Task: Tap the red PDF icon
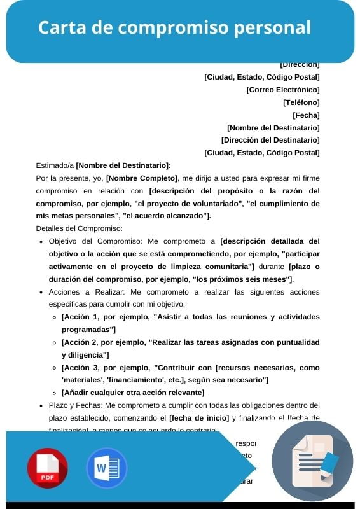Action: pyautogui.click(x=47, y=468)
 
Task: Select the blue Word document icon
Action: pyautogui.click(x=106, y=468)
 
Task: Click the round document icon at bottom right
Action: pyautogui.click(x=312, y=461)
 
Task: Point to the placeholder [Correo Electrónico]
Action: pyautogui.click(x=283, y=90)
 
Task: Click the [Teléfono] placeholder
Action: pyautogui.click(x=301, y=102)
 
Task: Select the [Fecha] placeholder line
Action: pyautogui.click(x=306, y=115)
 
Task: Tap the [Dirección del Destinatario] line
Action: pyautogui.click(x=270, y=140)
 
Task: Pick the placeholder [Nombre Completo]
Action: pyautogui.click(x=142, y=178)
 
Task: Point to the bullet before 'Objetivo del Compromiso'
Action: pyautogui.click(x=41, y=242)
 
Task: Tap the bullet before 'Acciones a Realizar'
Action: pyautogui.click(x=41, y=293)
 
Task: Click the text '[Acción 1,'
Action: pyautogui.click(x=80, y=317)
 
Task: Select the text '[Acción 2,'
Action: pyautogui.click(x=80, y=342)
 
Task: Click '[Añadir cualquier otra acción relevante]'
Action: pyautogui.click(x=133, y=393)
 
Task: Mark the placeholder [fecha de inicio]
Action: pyautogui.click(x=198, y=418)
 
